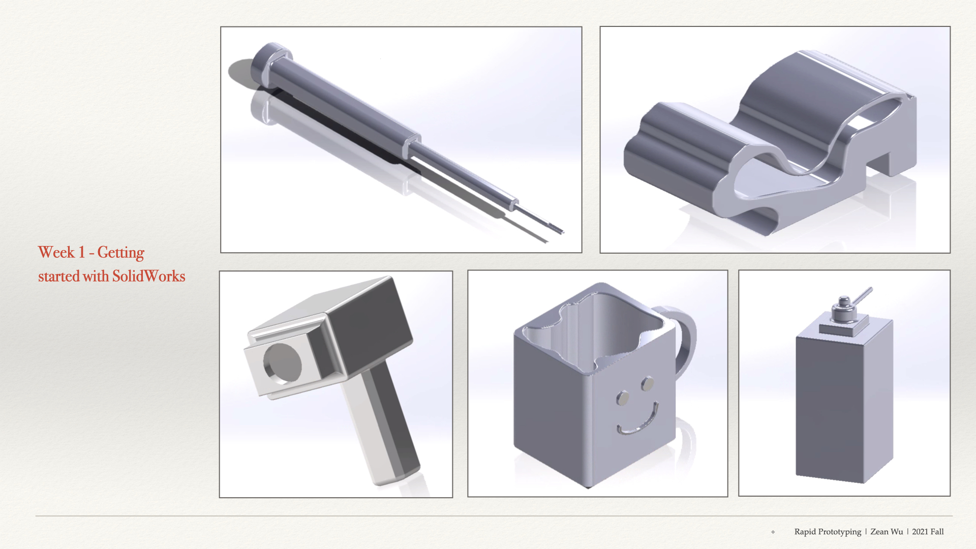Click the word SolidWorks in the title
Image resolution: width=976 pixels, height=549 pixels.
click(x=148, y=276)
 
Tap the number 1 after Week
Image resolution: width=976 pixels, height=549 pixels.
click(x=81, y=252)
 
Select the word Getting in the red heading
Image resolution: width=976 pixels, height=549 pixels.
click(x=120, y=253)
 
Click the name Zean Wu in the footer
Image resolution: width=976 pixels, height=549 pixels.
click(x=887, y=532)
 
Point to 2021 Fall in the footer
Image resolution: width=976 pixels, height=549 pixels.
click(x=928, y=532)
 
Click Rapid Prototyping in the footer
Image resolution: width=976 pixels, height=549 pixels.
click(x=828, y=532)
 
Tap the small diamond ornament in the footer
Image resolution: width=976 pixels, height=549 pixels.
click(x=773, y=532)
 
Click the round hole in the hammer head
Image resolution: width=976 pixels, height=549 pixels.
click(x=282, y=363)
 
